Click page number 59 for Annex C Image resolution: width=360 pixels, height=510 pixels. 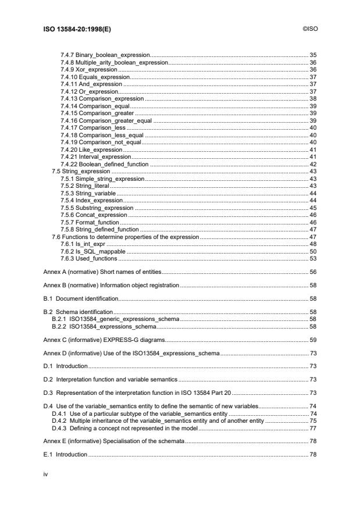pyautogui.click(x=312, y=340)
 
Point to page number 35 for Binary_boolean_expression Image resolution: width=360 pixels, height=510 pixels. pyautogui.click(x=312, y=55)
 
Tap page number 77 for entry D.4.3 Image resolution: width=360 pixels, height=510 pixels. pyautogui.click(x=312, y=428)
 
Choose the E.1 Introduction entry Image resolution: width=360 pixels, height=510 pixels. pyautogui.click(x=66, y=454)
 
